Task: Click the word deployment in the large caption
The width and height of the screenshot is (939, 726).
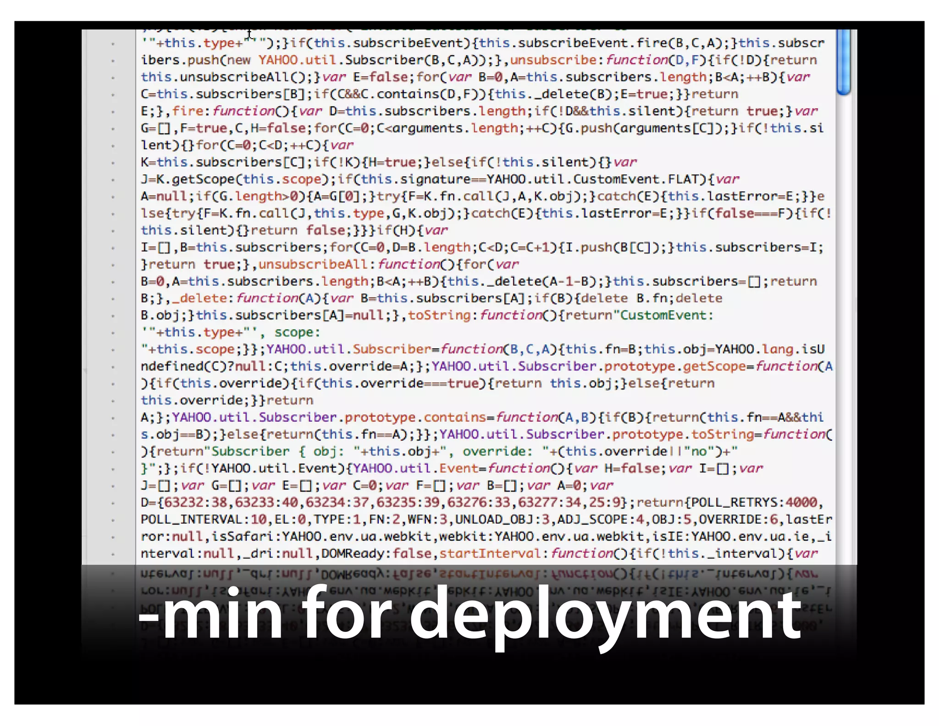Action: [x=605, y=615]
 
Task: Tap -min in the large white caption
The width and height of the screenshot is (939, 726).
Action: [x=211, y=615]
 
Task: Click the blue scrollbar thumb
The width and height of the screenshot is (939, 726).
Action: [x=843, y=62]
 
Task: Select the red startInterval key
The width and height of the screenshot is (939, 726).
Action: [x=490, y=553]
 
